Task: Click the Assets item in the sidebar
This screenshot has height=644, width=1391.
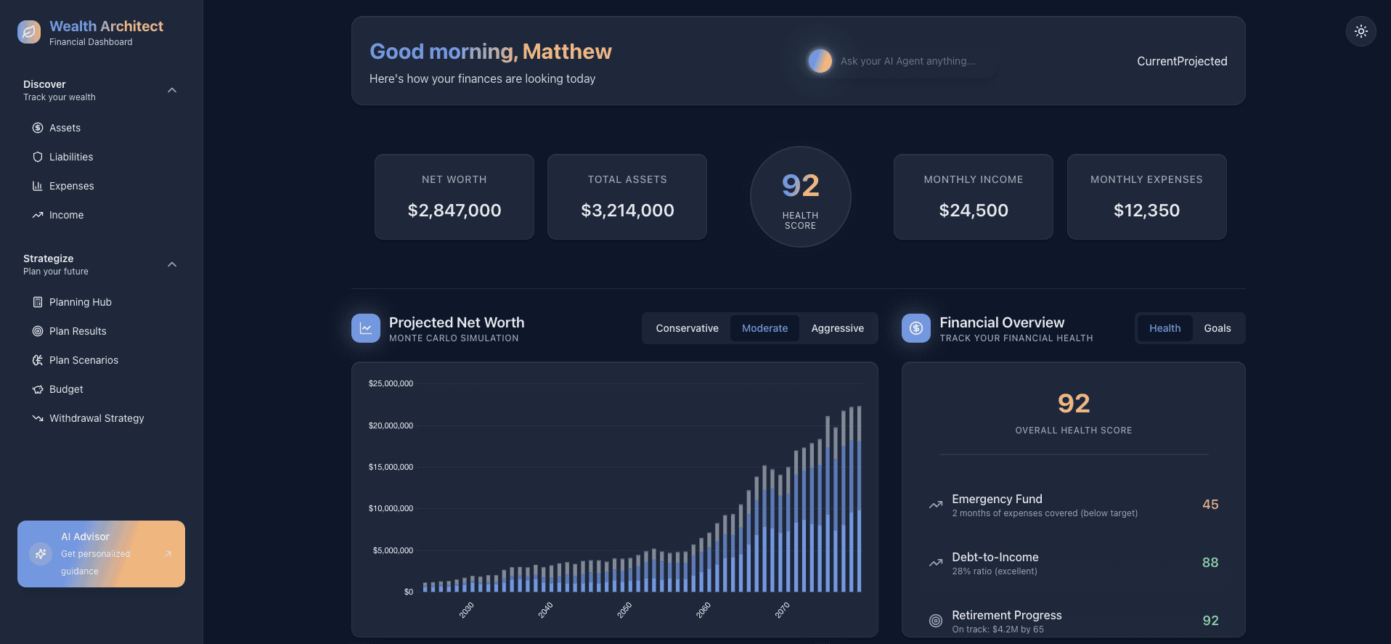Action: pos(65,128)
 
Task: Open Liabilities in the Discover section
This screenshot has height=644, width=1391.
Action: pos(70,157)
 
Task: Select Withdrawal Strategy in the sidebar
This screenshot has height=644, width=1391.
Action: pos(96,418)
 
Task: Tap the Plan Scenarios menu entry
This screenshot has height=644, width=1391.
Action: pos(83,360)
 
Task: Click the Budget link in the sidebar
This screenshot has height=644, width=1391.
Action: pos(66,389)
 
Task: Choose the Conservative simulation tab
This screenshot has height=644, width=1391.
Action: pos(687,328)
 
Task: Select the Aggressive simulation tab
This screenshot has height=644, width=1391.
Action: pos(837,328)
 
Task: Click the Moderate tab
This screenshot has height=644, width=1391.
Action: pos(764,328)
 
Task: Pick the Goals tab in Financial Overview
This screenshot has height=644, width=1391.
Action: pos(1217,328)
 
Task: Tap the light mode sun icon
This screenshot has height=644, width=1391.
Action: pos(1361,31)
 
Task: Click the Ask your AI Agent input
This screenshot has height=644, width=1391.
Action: pos(907,61)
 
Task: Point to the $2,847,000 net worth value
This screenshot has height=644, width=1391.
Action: pos(454,211)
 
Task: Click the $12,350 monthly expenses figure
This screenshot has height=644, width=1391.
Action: pos(1146,211)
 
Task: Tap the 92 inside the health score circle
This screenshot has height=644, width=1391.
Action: pos(800,186)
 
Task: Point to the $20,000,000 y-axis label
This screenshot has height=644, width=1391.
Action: pos(391,425)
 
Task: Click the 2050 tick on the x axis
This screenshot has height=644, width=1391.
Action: pos(624,610)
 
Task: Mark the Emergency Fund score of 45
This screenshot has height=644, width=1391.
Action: pos(1210,505)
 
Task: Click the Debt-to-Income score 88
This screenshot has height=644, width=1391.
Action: pos(1210,563)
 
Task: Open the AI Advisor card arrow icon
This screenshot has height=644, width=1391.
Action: pos(168,554)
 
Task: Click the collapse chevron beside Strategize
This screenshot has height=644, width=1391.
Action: pos(172,264)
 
